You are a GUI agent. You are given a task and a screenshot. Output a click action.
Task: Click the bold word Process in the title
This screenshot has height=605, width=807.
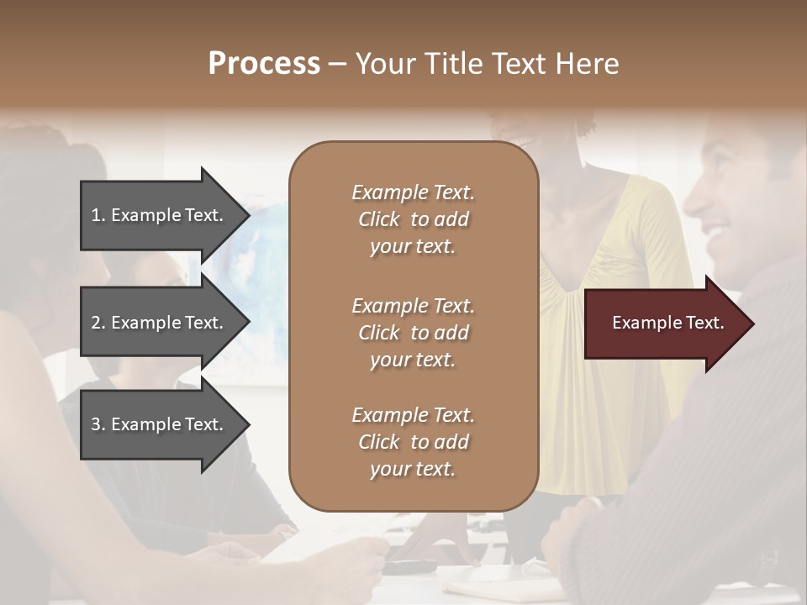tap(264, 64)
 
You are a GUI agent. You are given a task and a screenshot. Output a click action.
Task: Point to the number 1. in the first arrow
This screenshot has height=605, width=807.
tap(98, 215)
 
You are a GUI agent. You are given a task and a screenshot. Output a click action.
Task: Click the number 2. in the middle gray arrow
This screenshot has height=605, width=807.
tap(98, 323)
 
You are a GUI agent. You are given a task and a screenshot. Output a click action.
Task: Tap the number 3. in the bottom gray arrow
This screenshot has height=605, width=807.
tap(98, 424)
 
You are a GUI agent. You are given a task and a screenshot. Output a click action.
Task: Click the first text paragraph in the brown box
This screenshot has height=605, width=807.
tap(413, 219)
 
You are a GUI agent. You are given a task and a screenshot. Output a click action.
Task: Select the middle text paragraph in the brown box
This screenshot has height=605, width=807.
tap(413, 333)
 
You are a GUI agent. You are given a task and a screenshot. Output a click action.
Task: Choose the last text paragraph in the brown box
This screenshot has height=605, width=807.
tap(413, 442)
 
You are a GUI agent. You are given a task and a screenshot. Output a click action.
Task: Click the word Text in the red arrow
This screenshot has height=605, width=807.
tap(705, 323)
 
